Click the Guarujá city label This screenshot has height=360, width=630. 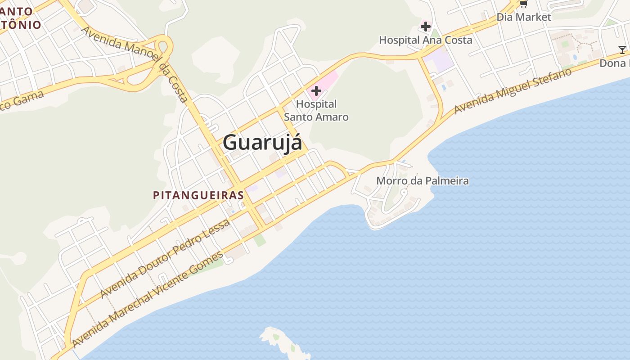[262, 143]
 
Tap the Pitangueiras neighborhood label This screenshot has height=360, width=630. [198, 195]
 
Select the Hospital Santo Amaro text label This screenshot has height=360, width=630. [316, 111]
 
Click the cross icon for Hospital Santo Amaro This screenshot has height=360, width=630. [316, 91]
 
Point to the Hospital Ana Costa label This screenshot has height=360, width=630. [425, 40]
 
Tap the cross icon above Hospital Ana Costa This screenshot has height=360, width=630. [426, 27]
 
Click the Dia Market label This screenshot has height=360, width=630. [523, 17]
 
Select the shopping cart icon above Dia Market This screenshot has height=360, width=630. [523, 4]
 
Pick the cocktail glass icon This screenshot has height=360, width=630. [622, 49]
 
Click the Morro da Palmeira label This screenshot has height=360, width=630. [422, 181]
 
